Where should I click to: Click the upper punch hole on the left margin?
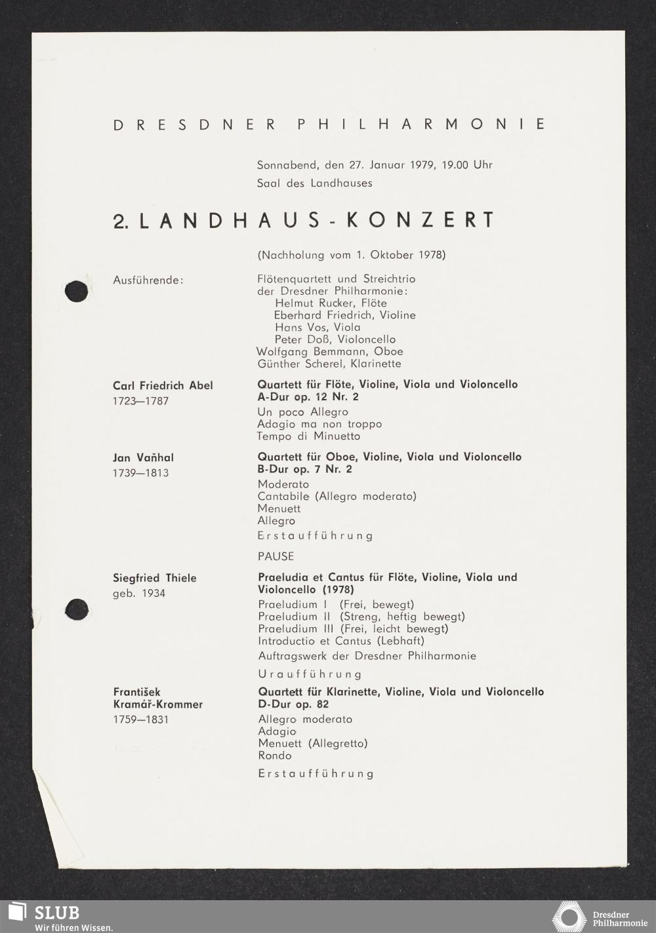click(77, 290)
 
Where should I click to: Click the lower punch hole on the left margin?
click(77, 609)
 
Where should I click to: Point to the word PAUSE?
click(276, 556)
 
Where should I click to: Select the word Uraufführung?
click(310, 674)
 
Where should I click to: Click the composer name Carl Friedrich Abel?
click(163, 385)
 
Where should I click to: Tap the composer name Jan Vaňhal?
click(143, 457)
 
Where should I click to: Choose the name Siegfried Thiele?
click(155, 578)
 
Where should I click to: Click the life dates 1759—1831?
click(140, 719)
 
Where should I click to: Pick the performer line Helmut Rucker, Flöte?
click(331, 303)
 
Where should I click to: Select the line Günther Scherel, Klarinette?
click(329, 364)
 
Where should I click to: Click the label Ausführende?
click(148, 280)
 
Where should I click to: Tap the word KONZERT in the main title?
click(419, 220)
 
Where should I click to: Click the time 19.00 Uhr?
click(466, 164)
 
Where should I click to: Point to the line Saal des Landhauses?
click(314, 183)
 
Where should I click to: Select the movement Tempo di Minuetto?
click(308, 436)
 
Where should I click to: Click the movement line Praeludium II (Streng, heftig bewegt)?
click(361, 617)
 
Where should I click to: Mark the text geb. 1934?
click(139, 594)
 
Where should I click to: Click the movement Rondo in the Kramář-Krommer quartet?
click(274, 755)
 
